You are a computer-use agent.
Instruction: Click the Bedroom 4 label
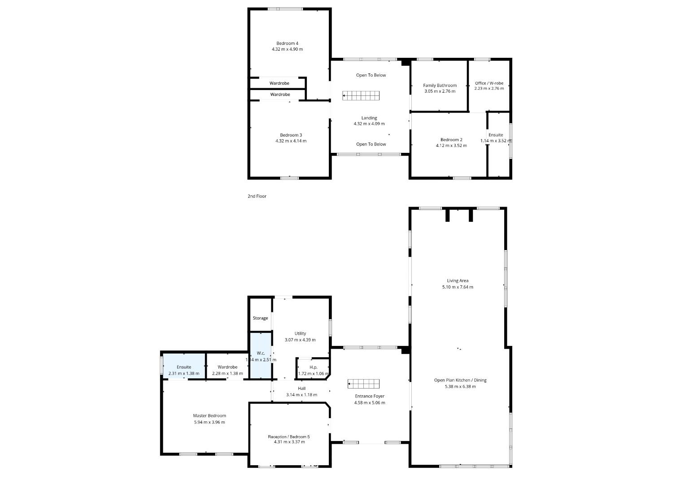point(287,43)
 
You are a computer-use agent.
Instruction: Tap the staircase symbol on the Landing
point(361,95)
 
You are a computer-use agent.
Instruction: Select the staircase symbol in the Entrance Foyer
point(363,384)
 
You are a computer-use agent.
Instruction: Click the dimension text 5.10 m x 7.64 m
point(458,287)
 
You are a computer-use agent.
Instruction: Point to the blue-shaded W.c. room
point(261,356)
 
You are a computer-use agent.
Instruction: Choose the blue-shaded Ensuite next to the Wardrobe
point(184,366)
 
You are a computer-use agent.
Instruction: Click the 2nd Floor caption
point(257,196)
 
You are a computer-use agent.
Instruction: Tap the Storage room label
point(260,318)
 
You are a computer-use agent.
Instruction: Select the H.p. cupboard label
point(314,367)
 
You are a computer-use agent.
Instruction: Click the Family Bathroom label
point(440,86)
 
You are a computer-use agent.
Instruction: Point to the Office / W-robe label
point(489,83)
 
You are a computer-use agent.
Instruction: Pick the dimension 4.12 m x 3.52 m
point(451,146)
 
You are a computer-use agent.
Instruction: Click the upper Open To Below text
point(371,75)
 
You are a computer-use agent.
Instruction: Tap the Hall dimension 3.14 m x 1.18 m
point(301,395)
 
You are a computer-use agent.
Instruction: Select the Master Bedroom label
point(209,415)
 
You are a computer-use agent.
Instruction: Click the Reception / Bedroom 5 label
point(289,436)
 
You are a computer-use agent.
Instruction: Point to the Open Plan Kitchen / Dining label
point(460,380)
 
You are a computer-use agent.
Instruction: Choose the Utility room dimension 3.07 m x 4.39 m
point(300,340)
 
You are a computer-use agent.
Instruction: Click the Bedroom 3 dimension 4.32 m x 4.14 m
point(291,141)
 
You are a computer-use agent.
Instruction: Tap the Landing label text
point(369,118)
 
